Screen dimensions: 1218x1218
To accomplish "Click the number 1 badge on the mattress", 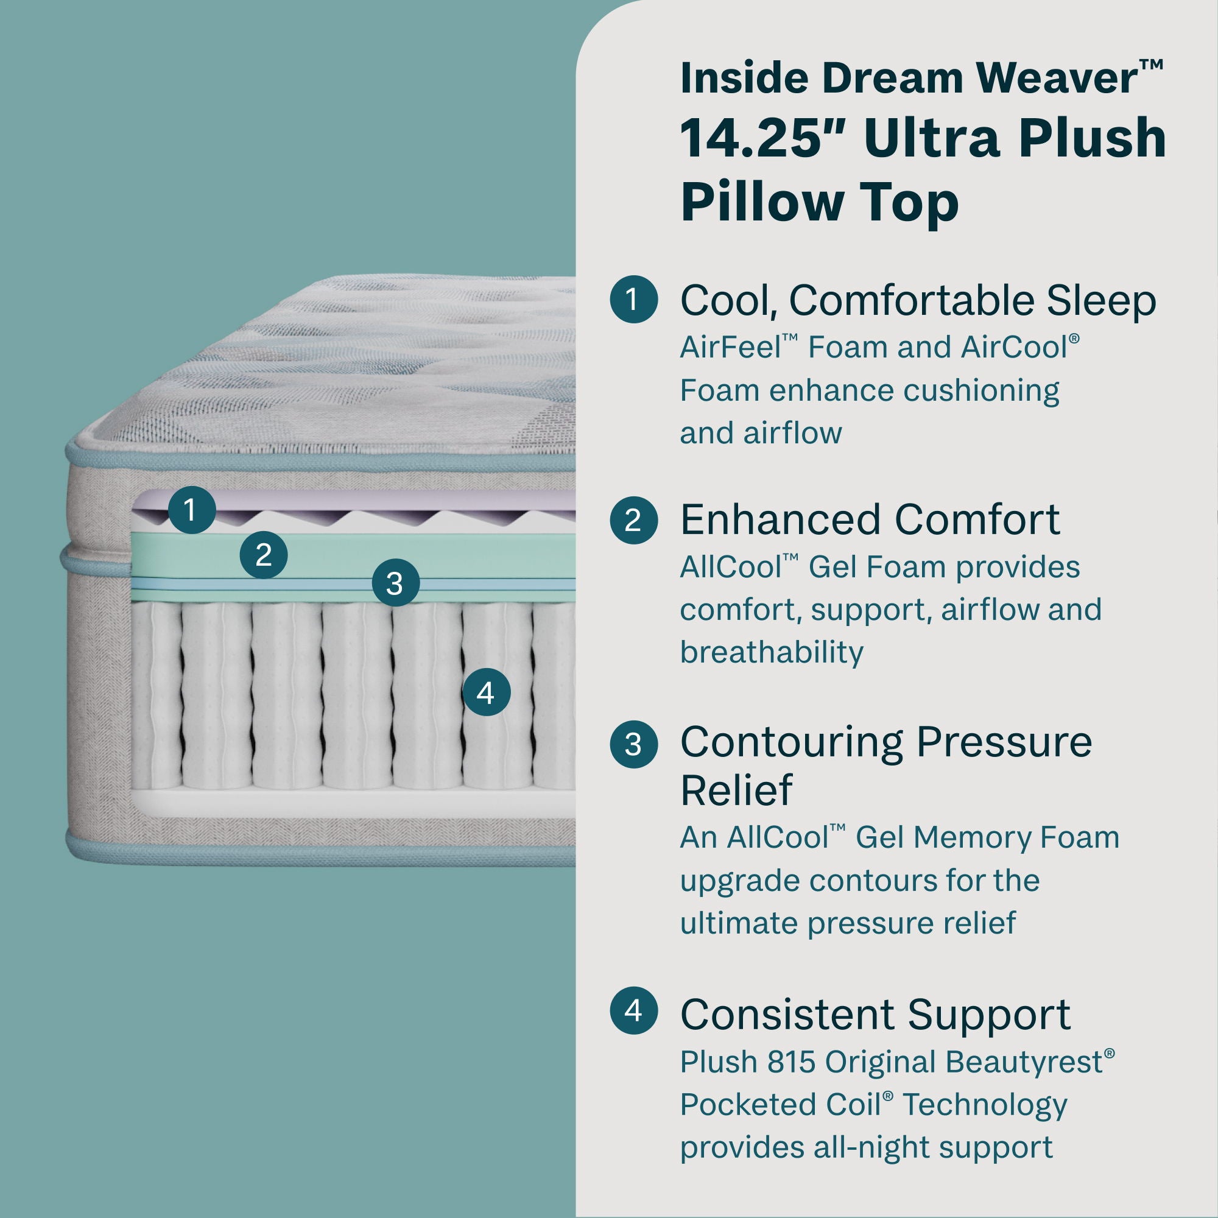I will click(192, 509).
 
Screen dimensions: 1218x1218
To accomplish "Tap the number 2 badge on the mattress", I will click(264, 555).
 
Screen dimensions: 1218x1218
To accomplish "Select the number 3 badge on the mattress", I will click(395, 583).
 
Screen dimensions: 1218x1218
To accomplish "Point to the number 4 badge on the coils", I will click(486, 693).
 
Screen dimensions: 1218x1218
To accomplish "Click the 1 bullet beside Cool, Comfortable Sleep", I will click(633, 300).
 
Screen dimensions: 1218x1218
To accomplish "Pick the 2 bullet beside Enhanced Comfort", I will click(633, 520).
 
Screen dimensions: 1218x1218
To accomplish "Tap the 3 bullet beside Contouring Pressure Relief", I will click(633, 745).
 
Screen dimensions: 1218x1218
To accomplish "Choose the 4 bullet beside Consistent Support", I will click(633, 1010).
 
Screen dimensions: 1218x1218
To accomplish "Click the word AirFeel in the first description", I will click(731, 347).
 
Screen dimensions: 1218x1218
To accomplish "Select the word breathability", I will click(771, 652).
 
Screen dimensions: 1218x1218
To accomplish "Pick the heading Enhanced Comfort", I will click(870, 520).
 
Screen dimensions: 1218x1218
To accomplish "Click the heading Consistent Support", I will click(875, 1015).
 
